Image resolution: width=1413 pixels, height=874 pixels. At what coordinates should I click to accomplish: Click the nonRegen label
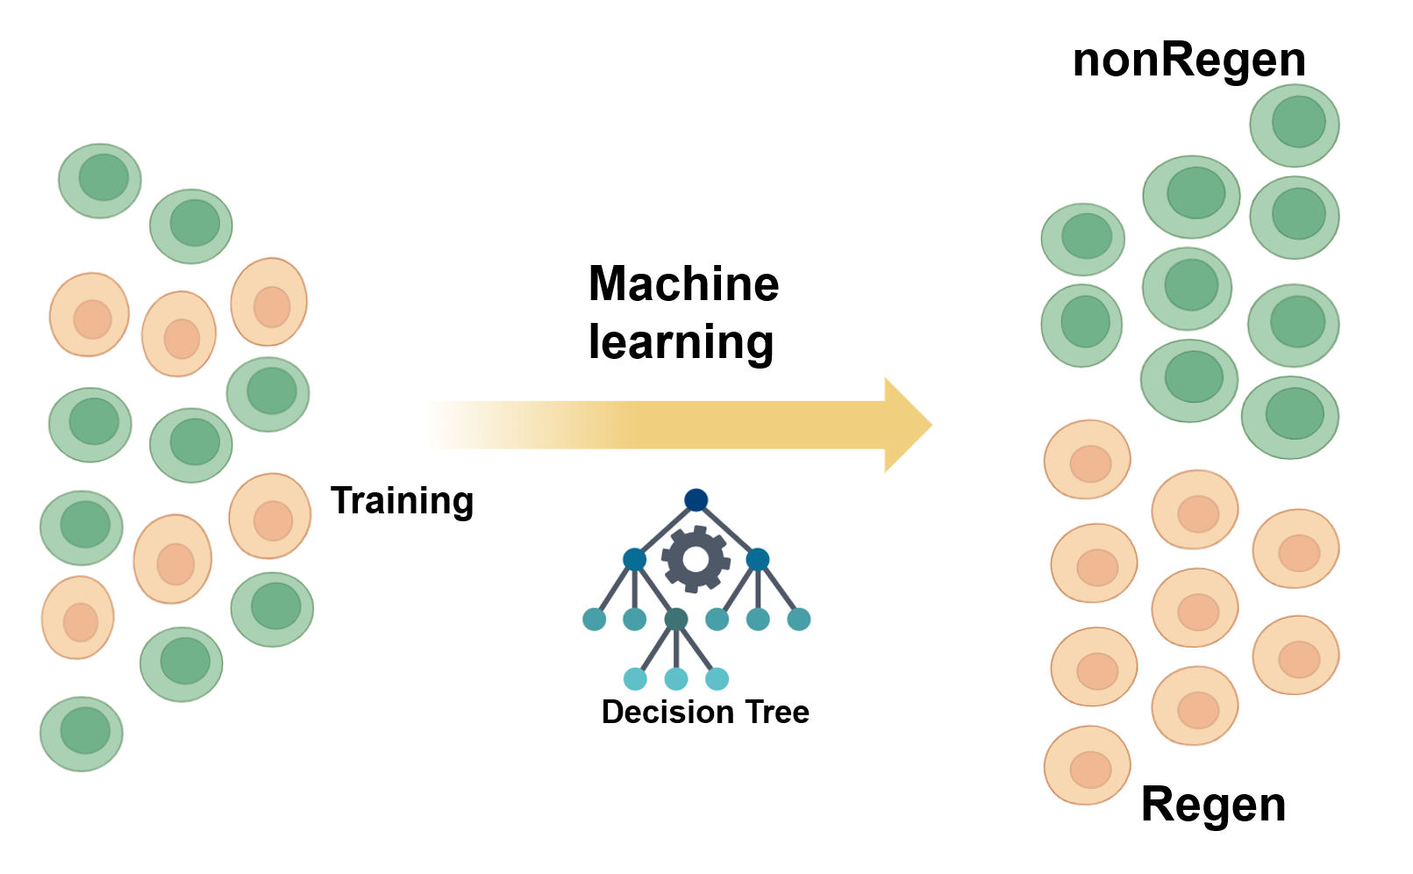tap(1188, 61)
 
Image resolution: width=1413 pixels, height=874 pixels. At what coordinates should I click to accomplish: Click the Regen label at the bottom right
tap(1213, 805)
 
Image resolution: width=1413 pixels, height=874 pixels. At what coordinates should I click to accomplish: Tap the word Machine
tap(683, 284)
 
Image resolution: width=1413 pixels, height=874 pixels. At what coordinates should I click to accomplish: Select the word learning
tap(681, 341)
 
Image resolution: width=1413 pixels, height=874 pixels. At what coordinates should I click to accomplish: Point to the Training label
tap(402, 501)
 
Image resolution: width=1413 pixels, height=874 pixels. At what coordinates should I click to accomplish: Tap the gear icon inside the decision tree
tap(696, 558)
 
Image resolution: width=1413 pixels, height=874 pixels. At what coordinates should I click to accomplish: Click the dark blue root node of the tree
tap(696, 500)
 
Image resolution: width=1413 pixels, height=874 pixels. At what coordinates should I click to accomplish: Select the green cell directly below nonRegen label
tap(1294, 125)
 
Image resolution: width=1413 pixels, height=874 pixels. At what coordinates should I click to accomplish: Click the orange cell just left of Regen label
tap(1087, 765)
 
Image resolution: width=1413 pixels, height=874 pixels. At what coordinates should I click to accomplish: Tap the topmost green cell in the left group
tap(100, 181)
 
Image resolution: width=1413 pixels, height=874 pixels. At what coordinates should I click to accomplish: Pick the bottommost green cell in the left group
tap(82, 734)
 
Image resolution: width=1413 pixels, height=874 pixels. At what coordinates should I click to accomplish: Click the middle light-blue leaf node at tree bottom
tap(675, 678)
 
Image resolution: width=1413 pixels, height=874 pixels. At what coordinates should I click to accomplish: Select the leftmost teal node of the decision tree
tap(595, 620)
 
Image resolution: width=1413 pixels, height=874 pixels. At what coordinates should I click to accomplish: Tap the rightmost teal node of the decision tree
tap(798, 620)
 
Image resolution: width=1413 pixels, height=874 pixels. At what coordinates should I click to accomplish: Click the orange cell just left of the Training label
tap(270, 516)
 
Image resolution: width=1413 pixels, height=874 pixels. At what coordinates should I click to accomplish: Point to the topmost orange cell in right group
tap(1087, 459)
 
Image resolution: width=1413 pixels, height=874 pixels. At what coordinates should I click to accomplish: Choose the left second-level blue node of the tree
tap(634, 559)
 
